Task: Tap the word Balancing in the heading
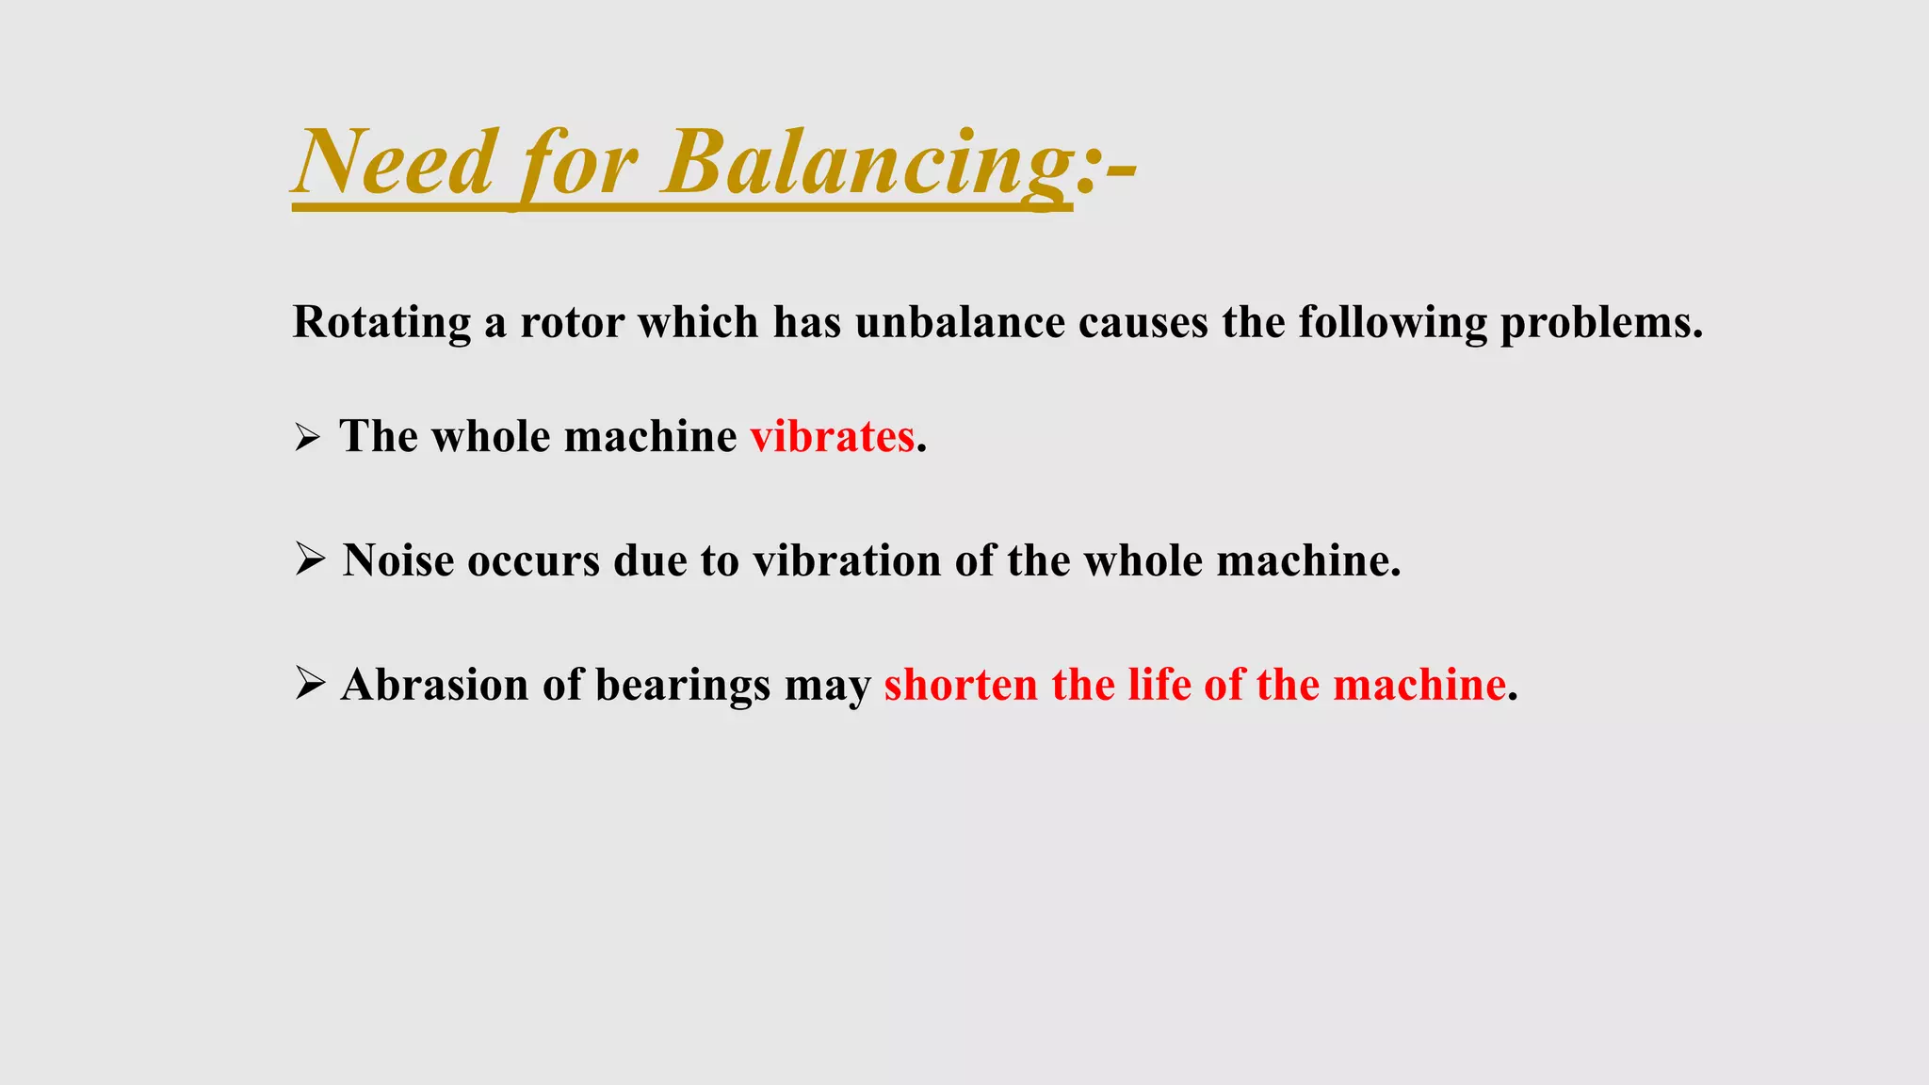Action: pos(867,162)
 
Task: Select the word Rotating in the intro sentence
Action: pos(381,323)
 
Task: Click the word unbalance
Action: pos(960,323)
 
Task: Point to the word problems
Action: pos(1600,323)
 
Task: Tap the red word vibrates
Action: pos(832,437)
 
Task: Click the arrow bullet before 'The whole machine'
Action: pos(307,438)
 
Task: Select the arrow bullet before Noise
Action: pos(309,559)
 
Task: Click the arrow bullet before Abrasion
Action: pos(309,683)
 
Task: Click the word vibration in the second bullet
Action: pos(847,560)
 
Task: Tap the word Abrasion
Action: pos(434,685)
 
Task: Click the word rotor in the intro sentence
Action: pos(572,323)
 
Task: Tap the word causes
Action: pos(1143,323)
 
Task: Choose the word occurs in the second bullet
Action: pos(533,560)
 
